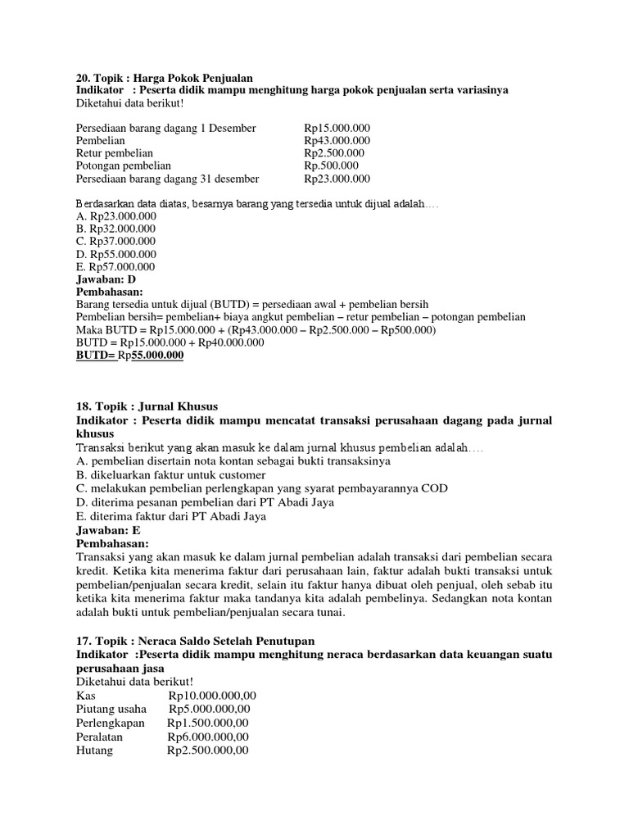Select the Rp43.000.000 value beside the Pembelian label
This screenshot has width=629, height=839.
pos(337,141)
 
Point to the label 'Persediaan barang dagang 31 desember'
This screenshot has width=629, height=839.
pos(167,179)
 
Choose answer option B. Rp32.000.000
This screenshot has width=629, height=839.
pos(115,229)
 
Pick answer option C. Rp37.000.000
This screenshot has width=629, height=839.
pos(115,242)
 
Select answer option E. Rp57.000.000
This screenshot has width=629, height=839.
pos(115,266)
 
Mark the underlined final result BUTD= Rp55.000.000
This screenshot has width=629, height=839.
pos(129,355)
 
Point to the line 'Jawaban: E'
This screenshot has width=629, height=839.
pos(106,530)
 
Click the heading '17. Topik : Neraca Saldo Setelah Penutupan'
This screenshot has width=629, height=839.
pos(195,640)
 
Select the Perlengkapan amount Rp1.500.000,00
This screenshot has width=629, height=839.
pos(208,723)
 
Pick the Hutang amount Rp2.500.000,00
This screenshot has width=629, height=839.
pos(207,751)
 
